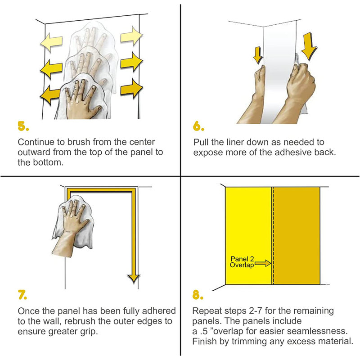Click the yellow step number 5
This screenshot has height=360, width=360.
[x=23, y=126]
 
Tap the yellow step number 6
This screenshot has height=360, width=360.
[x=198, y=126]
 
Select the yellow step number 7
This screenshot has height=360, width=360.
[x=22, y=295]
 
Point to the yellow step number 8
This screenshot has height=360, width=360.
[x=198, y=295]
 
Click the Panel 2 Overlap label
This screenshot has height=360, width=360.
[x=242, y=262]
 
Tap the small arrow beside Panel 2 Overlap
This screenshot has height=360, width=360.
[x=263, y=263]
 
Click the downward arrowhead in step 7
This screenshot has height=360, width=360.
[x=134, y=279]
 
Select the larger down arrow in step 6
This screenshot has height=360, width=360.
[x=309, y=46]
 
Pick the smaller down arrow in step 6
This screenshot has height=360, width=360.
[x=258, y=55]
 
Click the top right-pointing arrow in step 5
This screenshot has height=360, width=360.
[x=131, y=36]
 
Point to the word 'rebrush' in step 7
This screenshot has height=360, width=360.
[x=80, y=321]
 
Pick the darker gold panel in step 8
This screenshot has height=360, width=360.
[x=297, y=236]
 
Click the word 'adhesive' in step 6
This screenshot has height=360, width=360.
[x=293, y=152]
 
